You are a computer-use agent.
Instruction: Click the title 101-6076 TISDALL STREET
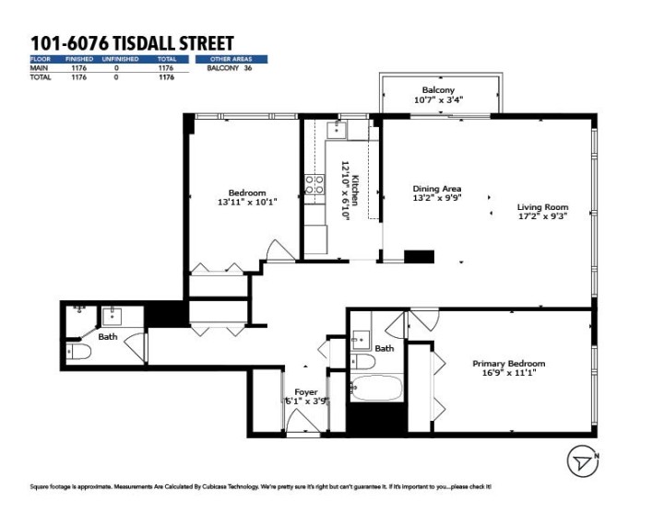[x=132, y=43]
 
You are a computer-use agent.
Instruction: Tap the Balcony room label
[x=438, y=89]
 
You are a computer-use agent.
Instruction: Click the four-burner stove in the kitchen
[x=314, y=184]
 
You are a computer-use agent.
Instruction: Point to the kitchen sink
[x=338, y=130]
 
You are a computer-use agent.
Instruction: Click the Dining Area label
[x=436, y=189]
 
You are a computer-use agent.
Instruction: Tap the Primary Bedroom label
[x=508, y=363]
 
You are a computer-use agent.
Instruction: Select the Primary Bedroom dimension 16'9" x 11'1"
[x=508, y=373]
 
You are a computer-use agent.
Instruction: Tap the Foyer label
[x=305, y=392]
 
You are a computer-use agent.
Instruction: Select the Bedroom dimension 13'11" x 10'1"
[x=247, y=202]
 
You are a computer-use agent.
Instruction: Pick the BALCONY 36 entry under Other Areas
[x=229, y=68]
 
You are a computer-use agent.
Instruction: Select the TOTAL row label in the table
[x=40, y=77]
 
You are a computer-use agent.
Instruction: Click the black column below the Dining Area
[x=419, y=257]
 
